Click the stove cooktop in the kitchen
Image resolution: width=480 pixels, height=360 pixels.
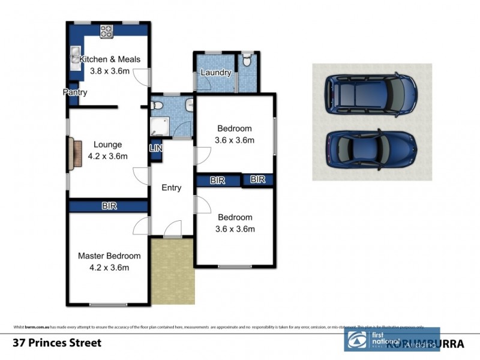107,31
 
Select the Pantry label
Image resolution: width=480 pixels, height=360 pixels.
76,92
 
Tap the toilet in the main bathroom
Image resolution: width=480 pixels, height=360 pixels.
157,106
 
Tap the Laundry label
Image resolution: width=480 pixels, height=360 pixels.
216,73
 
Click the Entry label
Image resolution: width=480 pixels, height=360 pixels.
172,188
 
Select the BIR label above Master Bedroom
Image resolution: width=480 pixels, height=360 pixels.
109,206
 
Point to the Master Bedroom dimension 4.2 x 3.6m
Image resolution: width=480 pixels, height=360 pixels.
109,268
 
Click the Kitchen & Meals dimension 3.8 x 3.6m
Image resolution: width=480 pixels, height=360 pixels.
110,70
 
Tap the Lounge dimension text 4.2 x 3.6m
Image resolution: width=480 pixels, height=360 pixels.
108,155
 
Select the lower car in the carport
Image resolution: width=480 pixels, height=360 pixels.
371,150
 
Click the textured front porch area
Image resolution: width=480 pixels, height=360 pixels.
173,270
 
